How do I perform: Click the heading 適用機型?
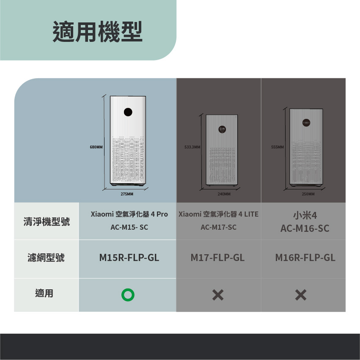coord(97,31)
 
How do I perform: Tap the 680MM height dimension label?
coord(96,147)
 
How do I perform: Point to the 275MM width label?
coord(127,194)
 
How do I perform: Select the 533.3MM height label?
coord(192,147)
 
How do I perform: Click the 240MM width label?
coord(224,194)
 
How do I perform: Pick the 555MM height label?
coord(278,147)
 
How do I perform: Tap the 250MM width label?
coord(308,194)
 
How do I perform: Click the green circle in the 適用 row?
coord(128,295)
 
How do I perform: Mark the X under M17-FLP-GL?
coord(218,295)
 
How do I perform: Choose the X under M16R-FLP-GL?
coord(301,295)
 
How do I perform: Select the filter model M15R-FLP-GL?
coord(129,258)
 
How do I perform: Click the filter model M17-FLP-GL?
coord(218,258)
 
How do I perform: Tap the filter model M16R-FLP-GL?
coord(305,258)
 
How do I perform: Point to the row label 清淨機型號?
coord(47,222)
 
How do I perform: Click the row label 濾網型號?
coord(46,258)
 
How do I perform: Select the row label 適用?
coord(44,293)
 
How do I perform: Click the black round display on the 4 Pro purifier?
coord(128,112)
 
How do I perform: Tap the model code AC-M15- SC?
coord(129,227)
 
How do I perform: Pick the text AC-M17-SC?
coord(218,227)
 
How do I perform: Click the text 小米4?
coord(305,215)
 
